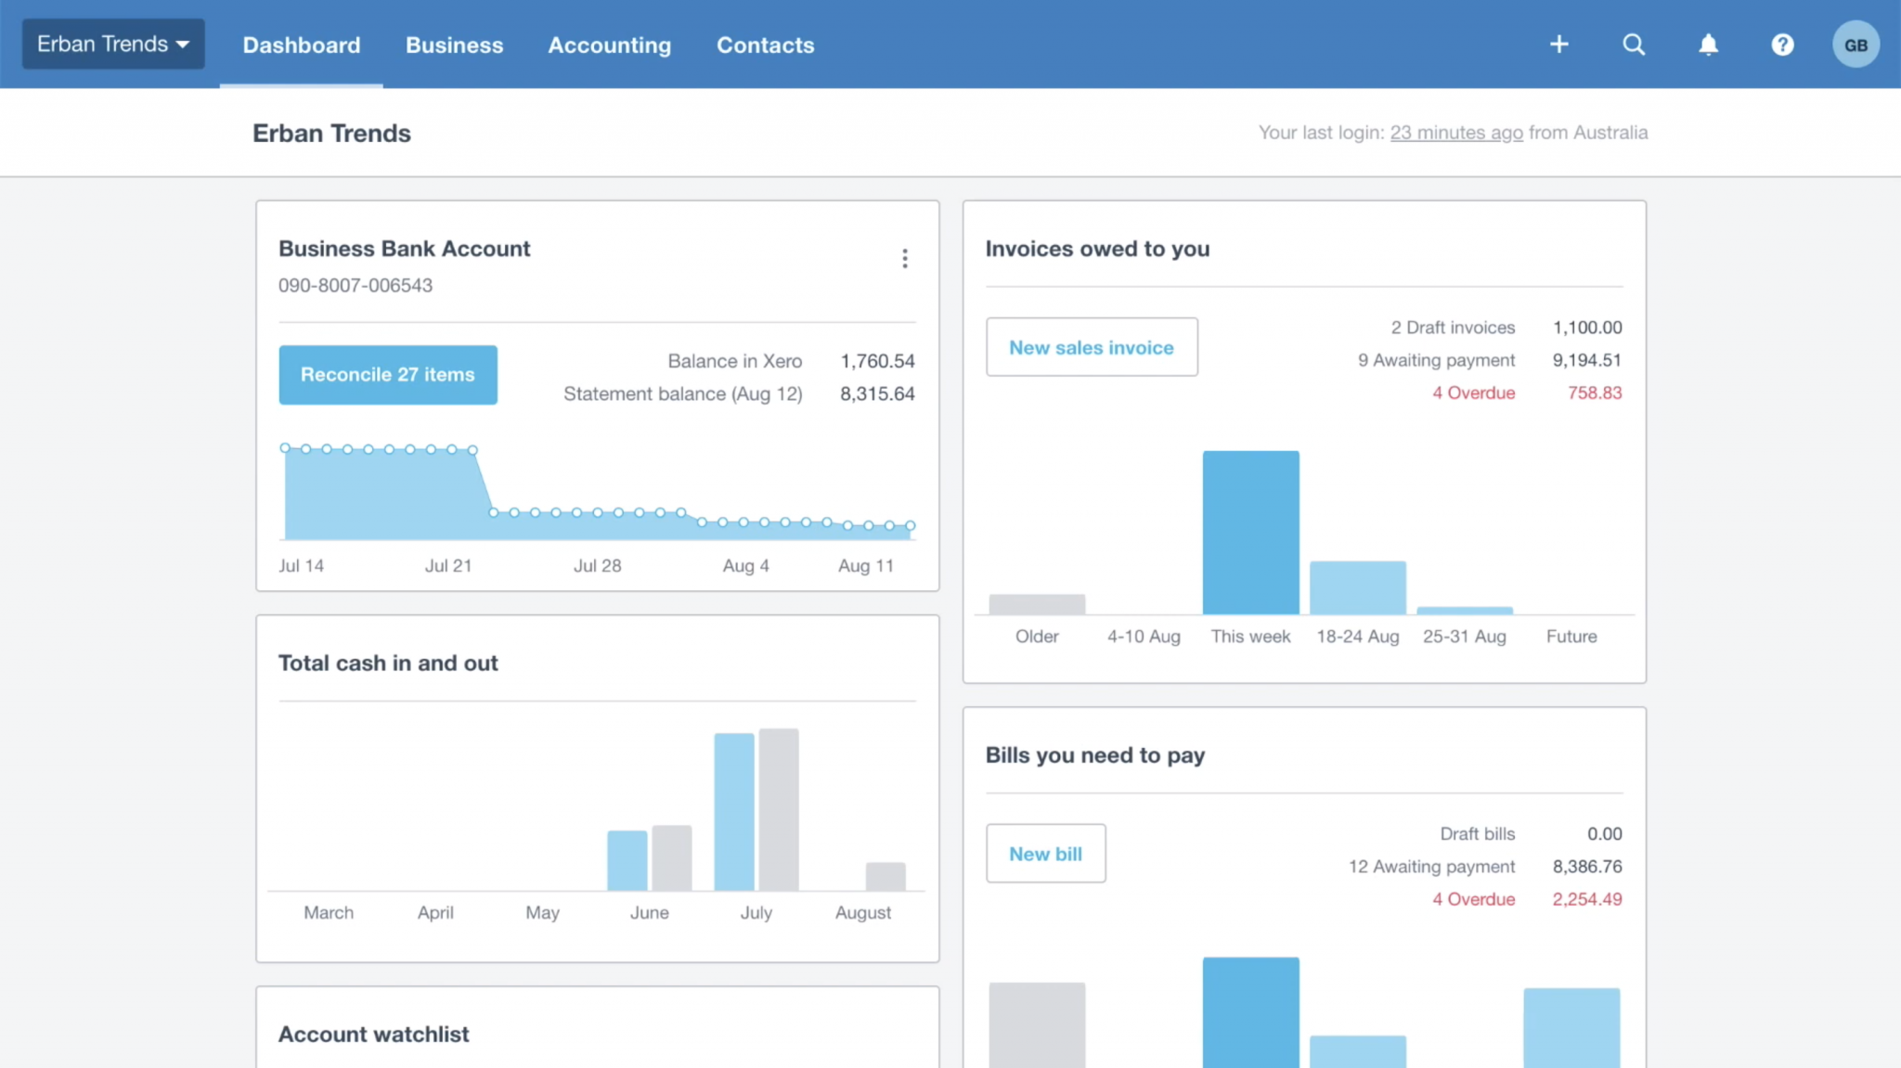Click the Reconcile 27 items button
[387, 375]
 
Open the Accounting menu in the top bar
[609, 45]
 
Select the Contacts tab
[765, 45]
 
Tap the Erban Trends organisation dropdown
[113, 44]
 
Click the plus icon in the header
[1558, 45]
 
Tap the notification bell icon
[1708, 45]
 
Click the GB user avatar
[1855, 45]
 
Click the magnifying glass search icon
[1634, 45]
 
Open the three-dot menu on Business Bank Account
[904, 258]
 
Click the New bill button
[1045, 854]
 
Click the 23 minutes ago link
[1455, 133]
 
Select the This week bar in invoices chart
[1250, 533]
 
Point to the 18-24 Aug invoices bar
[1357, 587]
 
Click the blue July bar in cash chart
[733, 812]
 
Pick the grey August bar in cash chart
[885, 876]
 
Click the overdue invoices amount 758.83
[1594, 392]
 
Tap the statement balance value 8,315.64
[876, 393]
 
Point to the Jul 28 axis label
[597, 566]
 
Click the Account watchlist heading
[373, 1034]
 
